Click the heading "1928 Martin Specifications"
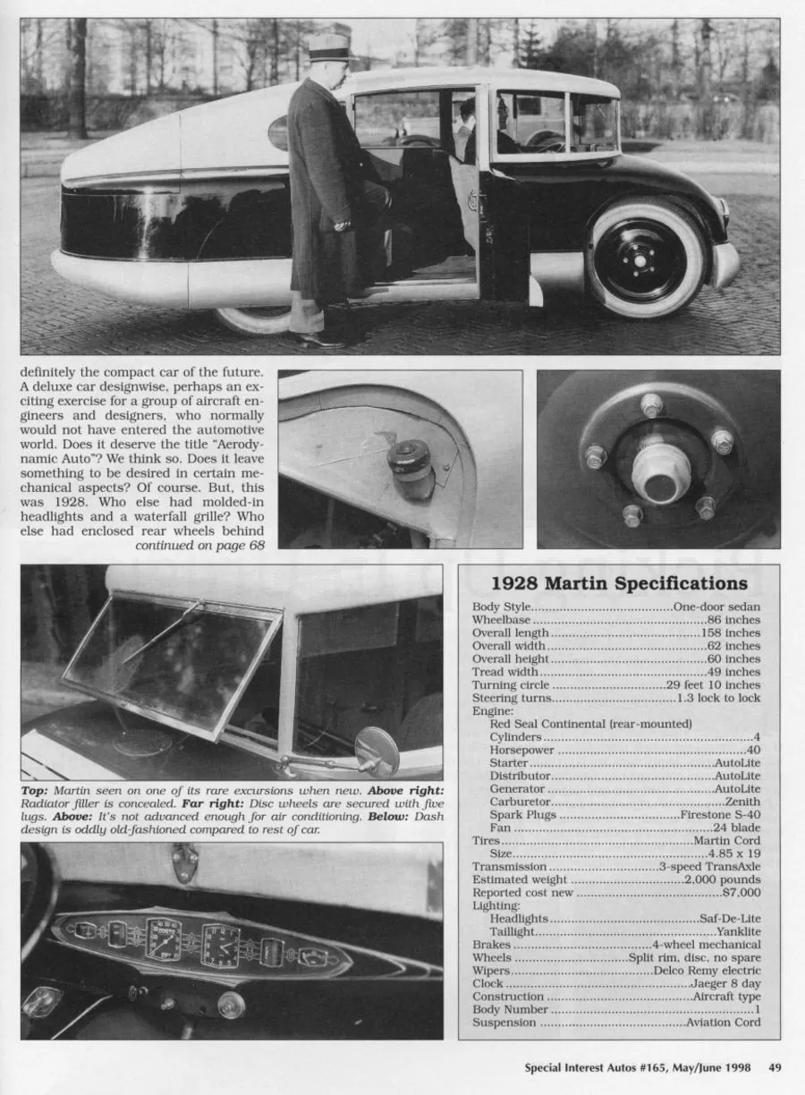619,583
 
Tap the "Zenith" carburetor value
742,802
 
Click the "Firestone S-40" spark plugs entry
720,815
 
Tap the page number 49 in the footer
775,1066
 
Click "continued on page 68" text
200,545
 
